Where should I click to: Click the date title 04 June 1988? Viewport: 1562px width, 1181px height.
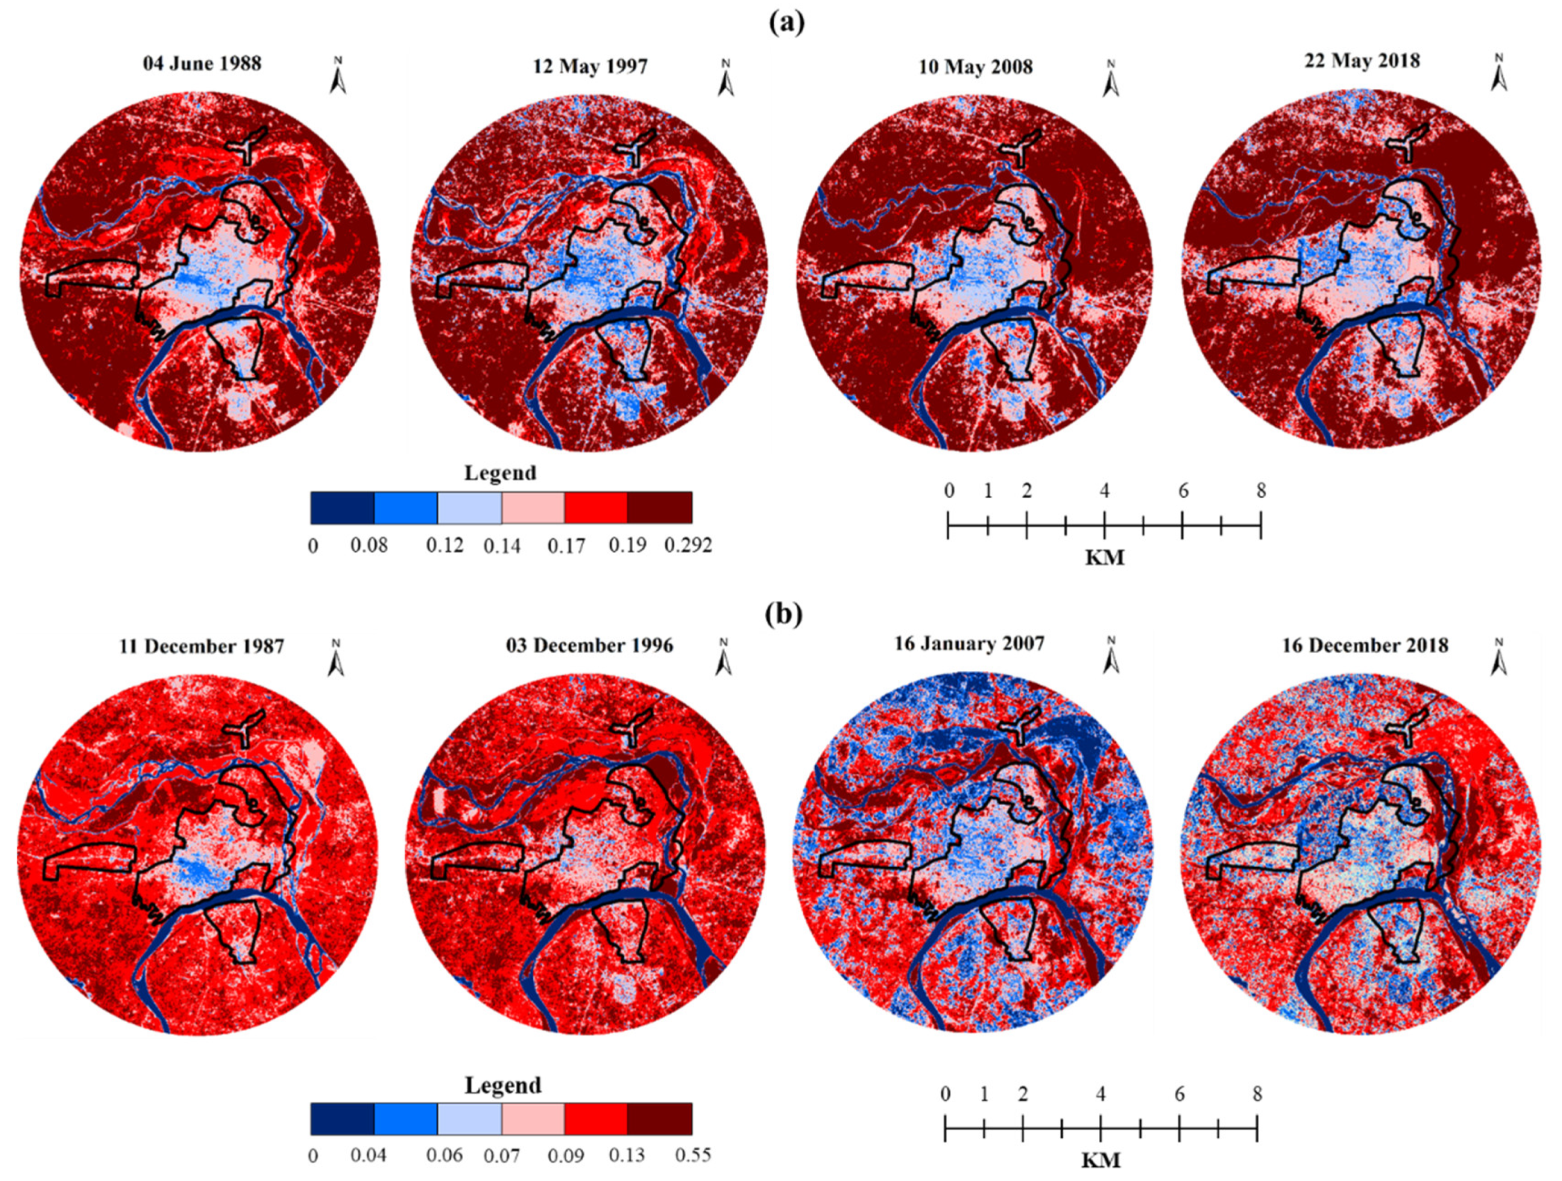coord(202,64)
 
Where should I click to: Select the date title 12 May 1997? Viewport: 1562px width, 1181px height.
coord(590,67)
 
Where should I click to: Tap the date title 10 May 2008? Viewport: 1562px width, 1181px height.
coord(975,67)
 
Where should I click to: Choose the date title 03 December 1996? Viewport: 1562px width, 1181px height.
coord(590,646)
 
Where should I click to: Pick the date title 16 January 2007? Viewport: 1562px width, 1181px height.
coord(969,643)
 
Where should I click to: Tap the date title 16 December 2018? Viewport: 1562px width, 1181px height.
coord(1365,646)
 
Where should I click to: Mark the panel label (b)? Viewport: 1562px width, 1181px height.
coord(784,614)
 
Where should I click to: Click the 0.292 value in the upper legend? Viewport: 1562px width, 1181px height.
coord(688,546)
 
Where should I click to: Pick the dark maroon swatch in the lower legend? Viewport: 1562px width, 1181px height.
coord(660,1118)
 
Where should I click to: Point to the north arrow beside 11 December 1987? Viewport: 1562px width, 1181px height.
coord(337,658)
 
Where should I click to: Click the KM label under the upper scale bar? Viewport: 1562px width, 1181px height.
coord(1104,558)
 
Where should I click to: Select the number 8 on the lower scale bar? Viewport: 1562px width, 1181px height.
coord(1257,1094)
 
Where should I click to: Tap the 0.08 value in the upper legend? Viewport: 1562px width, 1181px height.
coord(369,546)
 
